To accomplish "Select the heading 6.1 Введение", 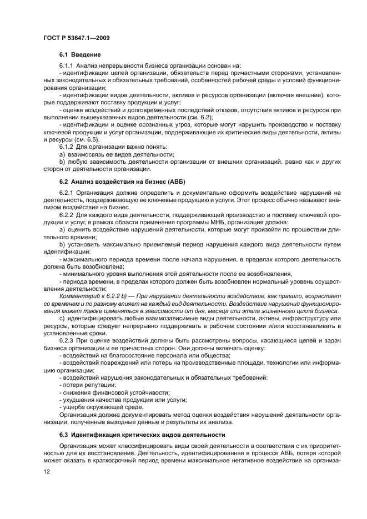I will tap(80, 55).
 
